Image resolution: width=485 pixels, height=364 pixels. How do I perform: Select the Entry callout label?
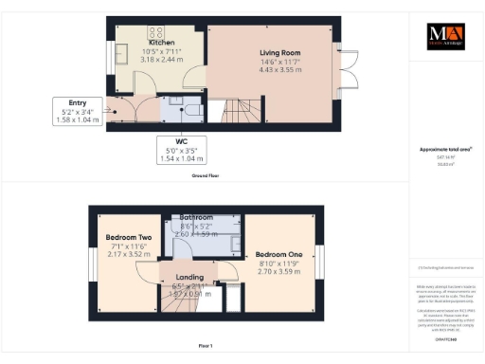78,103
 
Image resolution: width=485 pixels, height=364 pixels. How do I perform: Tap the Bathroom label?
196,217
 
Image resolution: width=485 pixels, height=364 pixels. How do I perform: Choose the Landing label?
191,278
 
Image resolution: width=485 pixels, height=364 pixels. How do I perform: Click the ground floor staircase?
237,112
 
